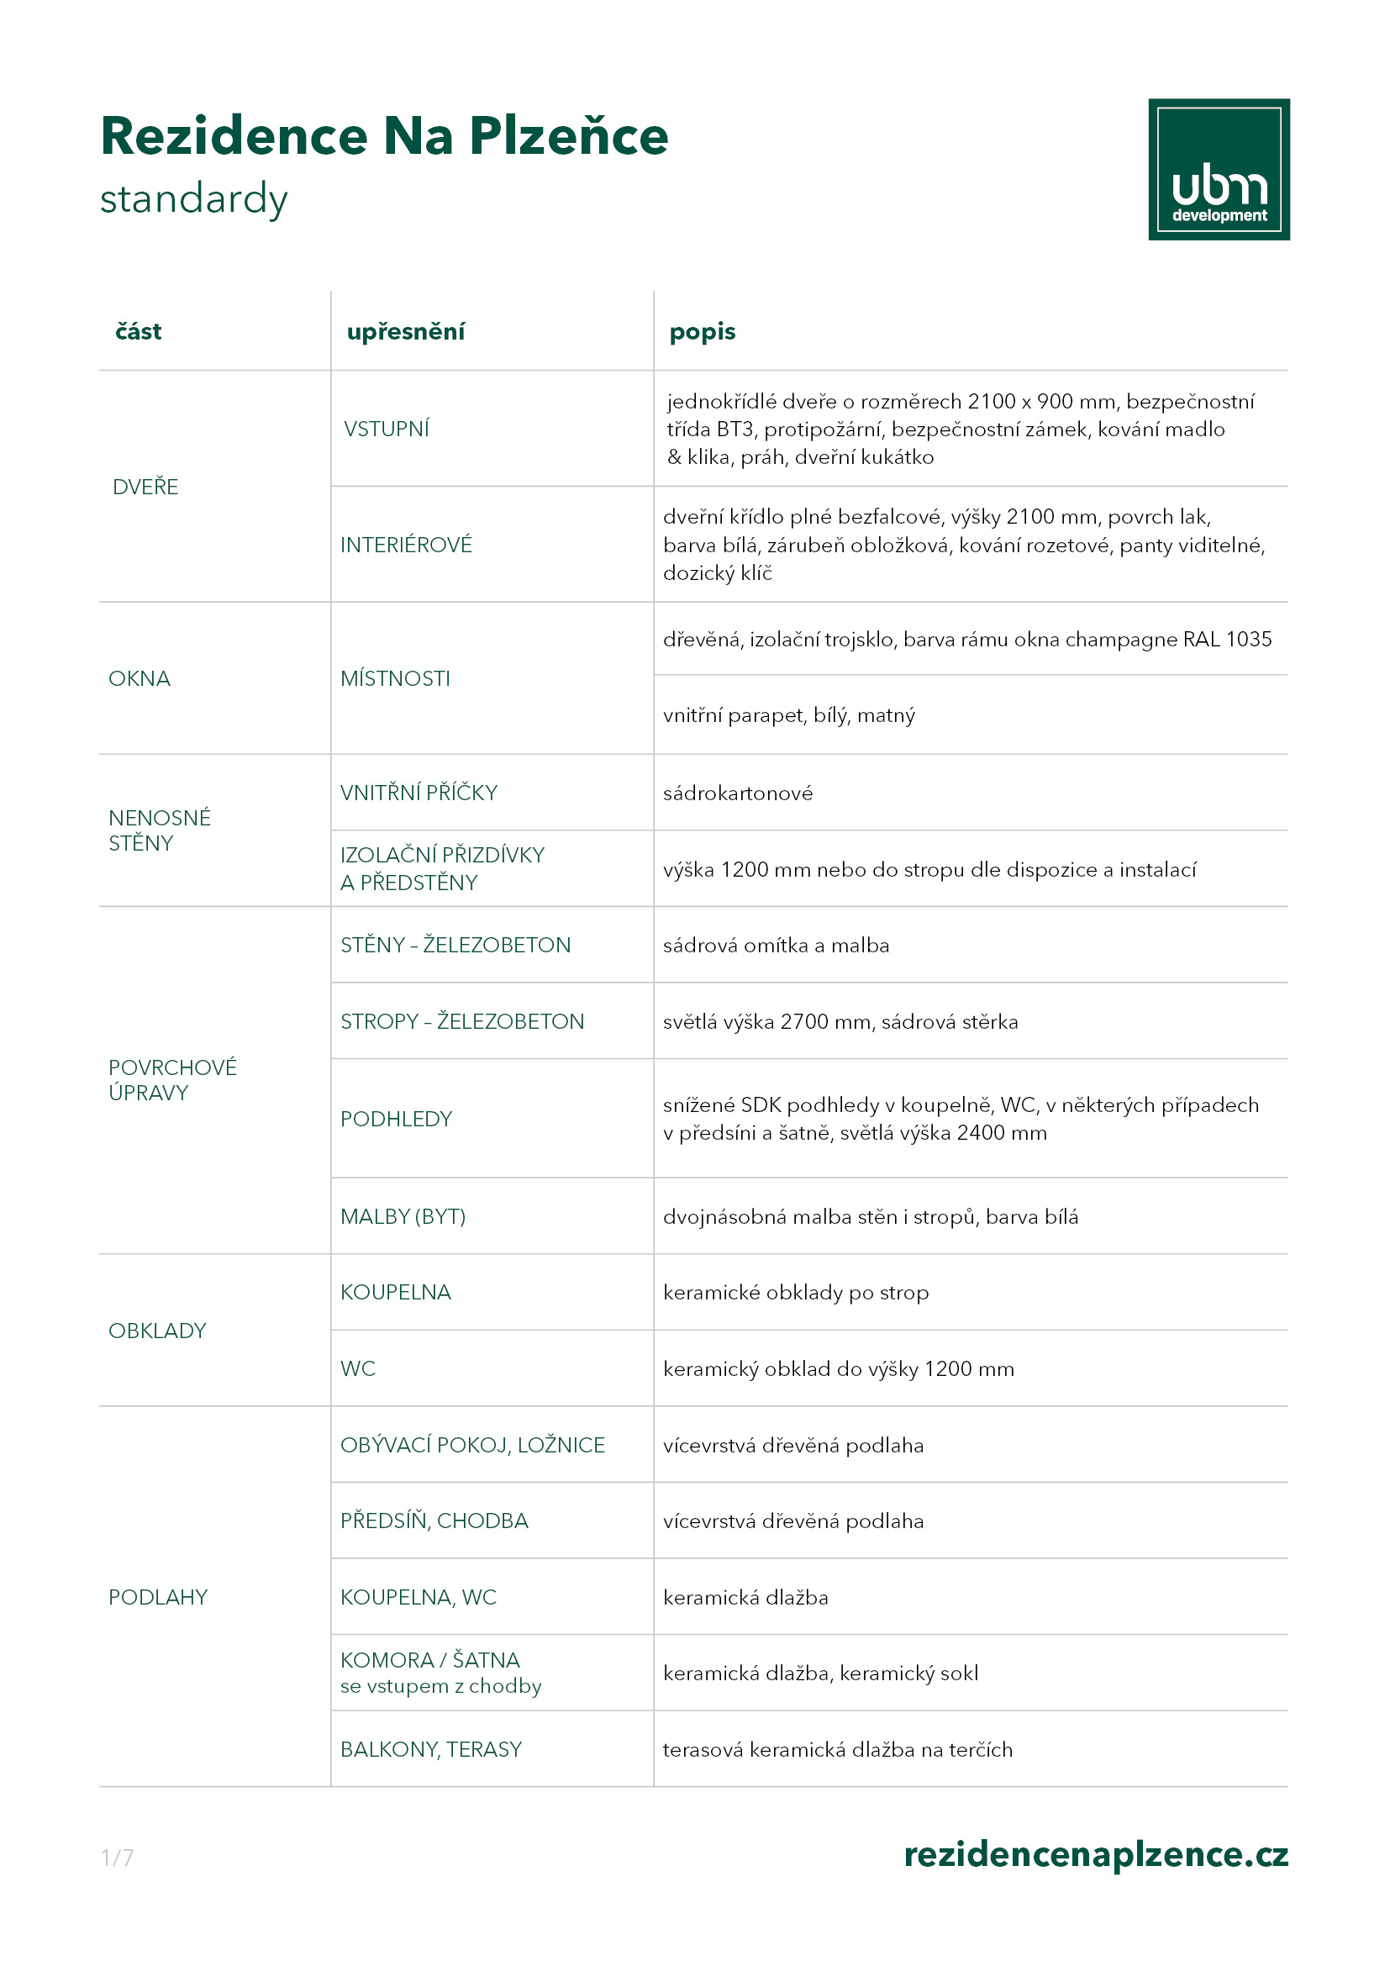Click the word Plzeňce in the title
click(568, 137)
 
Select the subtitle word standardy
click(193, 198)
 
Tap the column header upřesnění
click(405, 331)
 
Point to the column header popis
click(702, 331)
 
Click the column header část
click(138, 331)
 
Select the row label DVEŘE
click(145, 488)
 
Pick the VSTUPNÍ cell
click(386, 429)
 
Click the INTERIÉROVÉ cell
click(406, 545)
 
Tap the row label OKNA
click(139, 679)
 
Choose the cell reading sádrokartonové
click(737, 793)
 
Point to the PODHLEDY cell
click(396, 1119)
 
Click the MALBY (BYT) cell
click(403, 1217)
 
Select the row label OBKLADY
click(156, 1331)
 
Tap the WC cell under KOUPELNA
click(358, 1368)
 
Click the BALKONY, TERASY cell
click(430, 1749)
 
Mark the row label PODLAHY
click(157, 1597)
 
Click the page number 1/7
click(118, 1858)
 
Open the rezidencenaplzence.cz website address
click(1096, 1854)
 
